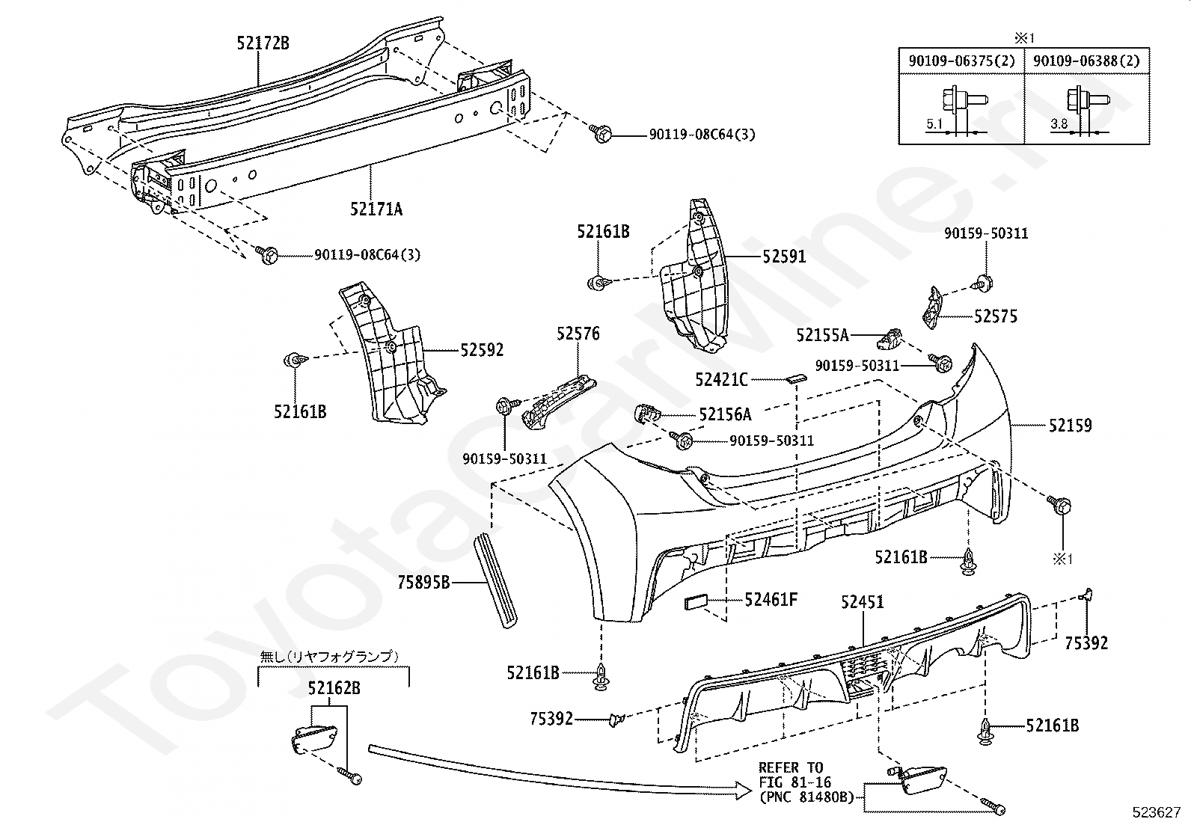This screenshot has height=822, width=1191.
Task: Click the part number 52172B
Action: pos(263,43)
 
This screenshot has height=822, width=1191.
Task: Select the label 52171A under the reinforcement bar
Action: pos(376,209)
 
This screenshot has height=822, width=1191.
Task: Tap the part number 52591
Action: pos(784,257)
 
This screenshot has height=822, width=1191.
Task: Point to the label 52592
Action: pos(482,350)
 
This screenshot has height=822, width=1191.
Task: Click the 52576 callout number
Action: pos(578,334)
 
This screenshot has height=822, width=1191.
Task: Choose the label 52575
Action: pos(996,316)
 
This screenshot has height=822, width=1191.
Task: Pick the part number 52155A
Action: pos(822,335)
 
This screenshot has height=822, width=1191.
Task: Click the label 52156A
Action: pos(725,414)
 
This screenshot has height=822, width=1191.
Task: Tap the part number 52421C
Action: pos(721,380)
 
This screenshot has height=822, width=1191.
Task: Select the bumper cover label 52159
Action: pos(1071,426)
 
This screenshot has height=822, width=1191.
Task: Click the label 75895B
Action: pos(423,583)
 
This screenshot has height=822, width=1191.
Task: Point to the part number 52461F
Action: pos(771,600)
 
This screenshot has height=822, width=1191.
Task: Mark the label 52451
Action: pos(863,602)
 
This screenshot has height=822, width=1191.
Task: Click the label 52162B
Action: pos(334,688)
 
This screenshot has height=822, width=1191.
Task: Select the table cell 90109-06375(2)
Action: pos(962,61)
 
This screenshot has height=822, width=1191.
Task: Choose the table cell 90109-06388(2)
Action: pos(1087,61)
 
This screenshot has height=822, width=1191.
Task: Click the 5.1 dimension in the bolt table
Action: pos(934,124)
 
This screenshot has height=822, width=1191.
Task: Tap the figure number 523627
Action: pos(1157,812)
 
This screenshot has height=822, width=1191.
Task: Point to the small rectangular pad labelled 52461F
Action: pos(694,602)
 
